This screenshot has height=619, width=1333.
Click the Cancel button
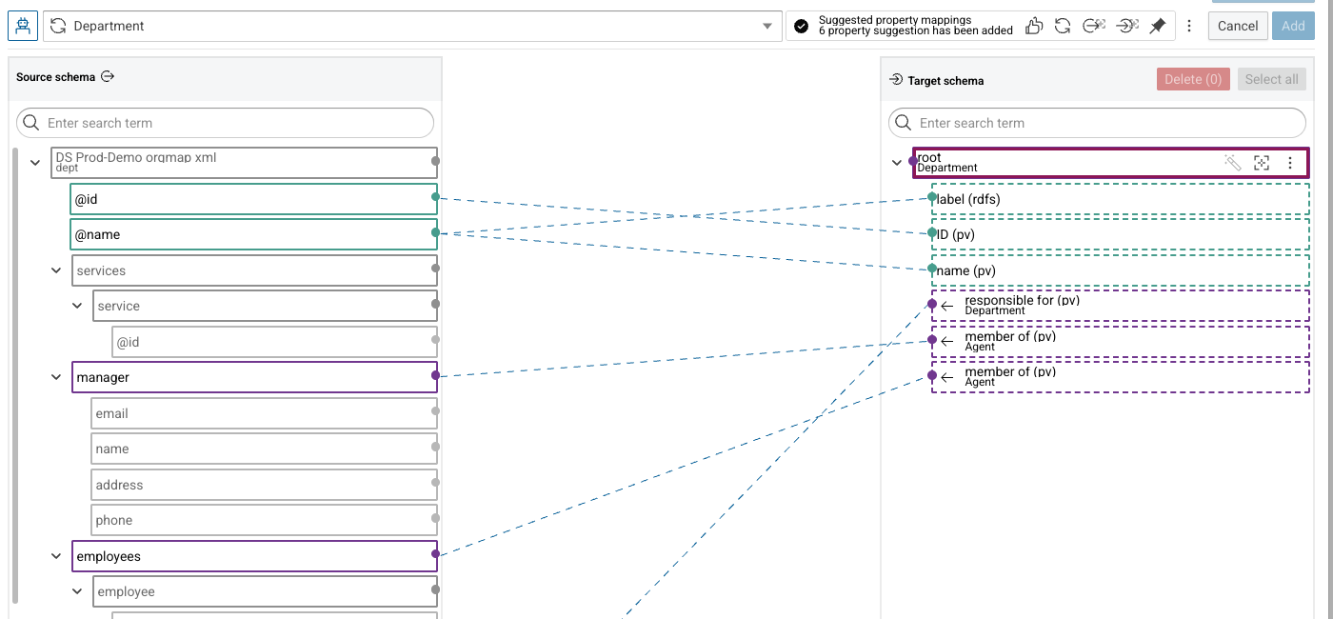[x=1237, y=27]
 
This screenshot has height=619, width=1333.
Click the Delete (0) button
[x=1192, y=79]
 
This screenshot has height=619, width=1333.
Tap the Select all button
[x=1271, y=79]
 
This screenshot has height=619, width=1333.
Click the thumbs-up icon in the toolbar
[x=1034, y=27]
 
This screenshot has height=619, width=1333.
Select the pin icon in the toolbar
[x=1158, y=27]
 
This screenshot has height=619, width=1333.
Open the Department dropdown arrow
[x=767, y=27]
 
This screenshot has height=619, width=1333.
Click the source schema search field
[x=225, y=123]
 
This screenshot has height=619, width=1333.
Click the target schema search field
[x=1097, y=123]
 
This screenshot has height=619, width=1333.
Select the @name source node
[x=253, y=234]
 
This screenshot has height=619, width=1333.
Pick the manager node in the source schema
[x=254, y=377]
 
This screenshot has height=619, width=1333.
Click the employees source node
[x=254, y=556]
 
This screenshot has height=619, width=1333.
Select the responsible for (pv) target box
[x=1120, y=306]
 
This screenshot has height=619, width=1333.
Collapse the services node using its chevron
[x=56, y=270]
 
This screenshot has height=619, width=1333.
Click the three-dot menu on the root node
[x=1289, y=163]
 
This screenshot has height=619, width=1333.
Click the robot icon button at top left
[x=23, y=27]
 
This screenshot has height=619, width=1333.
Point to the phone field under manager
[x=264, y=520]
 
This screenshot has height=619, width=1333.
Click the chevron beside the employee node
[x=77, y=591]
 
